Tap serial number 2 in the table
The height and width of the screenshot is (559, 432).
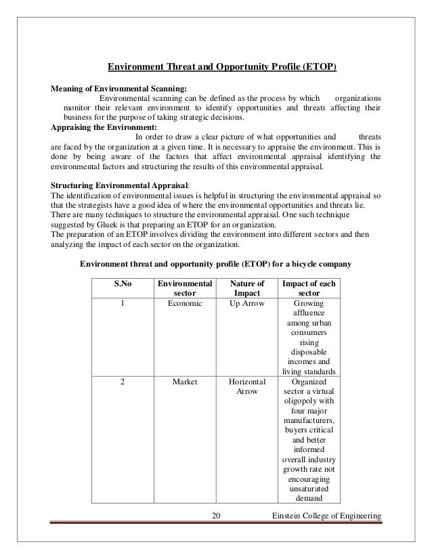pos(122,382)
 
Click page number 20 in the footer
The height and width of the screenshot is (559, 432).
pos(216,517)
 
